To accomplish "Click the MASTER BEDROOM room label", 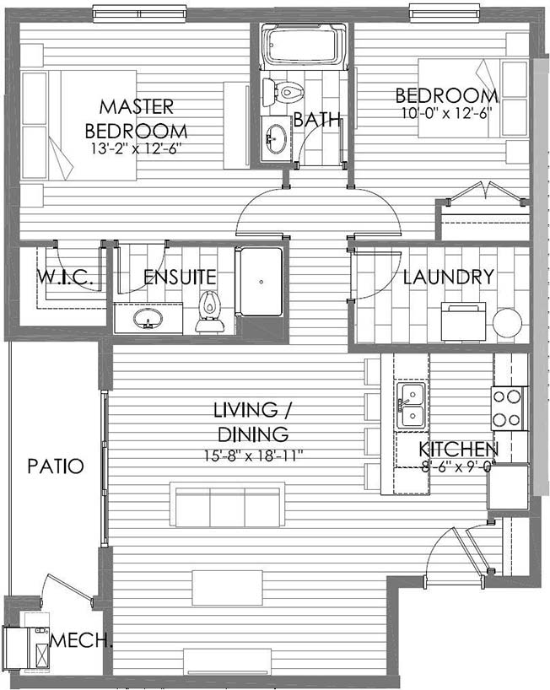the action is click(137, 119).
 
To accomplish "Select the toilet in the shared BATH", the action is click(283, 93).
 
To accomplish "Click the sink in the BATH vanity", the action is click(276, 139).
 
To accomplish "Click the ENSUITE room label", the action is click(180, 277).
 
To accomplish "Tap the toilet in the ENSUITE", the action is click(210, 311).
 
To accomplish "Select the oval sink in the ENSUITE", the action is click(148, 318).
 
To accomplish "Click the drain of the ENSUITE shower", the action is click(262, 282).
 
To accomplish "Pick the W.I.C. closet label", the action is click(65, 278).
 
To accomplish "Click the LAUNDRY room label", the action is click(449, 277).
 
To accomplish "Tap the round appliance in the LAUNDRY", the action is click(507, 322).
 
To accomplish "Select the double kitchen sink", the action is click(412, 405).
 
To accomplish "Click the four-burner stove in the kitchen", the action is click(507, 409).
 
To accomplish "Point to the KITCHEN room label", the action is click(459, 450).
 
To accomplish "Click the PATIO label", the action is click(56, 466).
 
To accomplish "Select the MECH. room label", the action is click(81, 640).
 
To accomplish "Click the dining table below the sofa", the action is click(228, 588).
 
